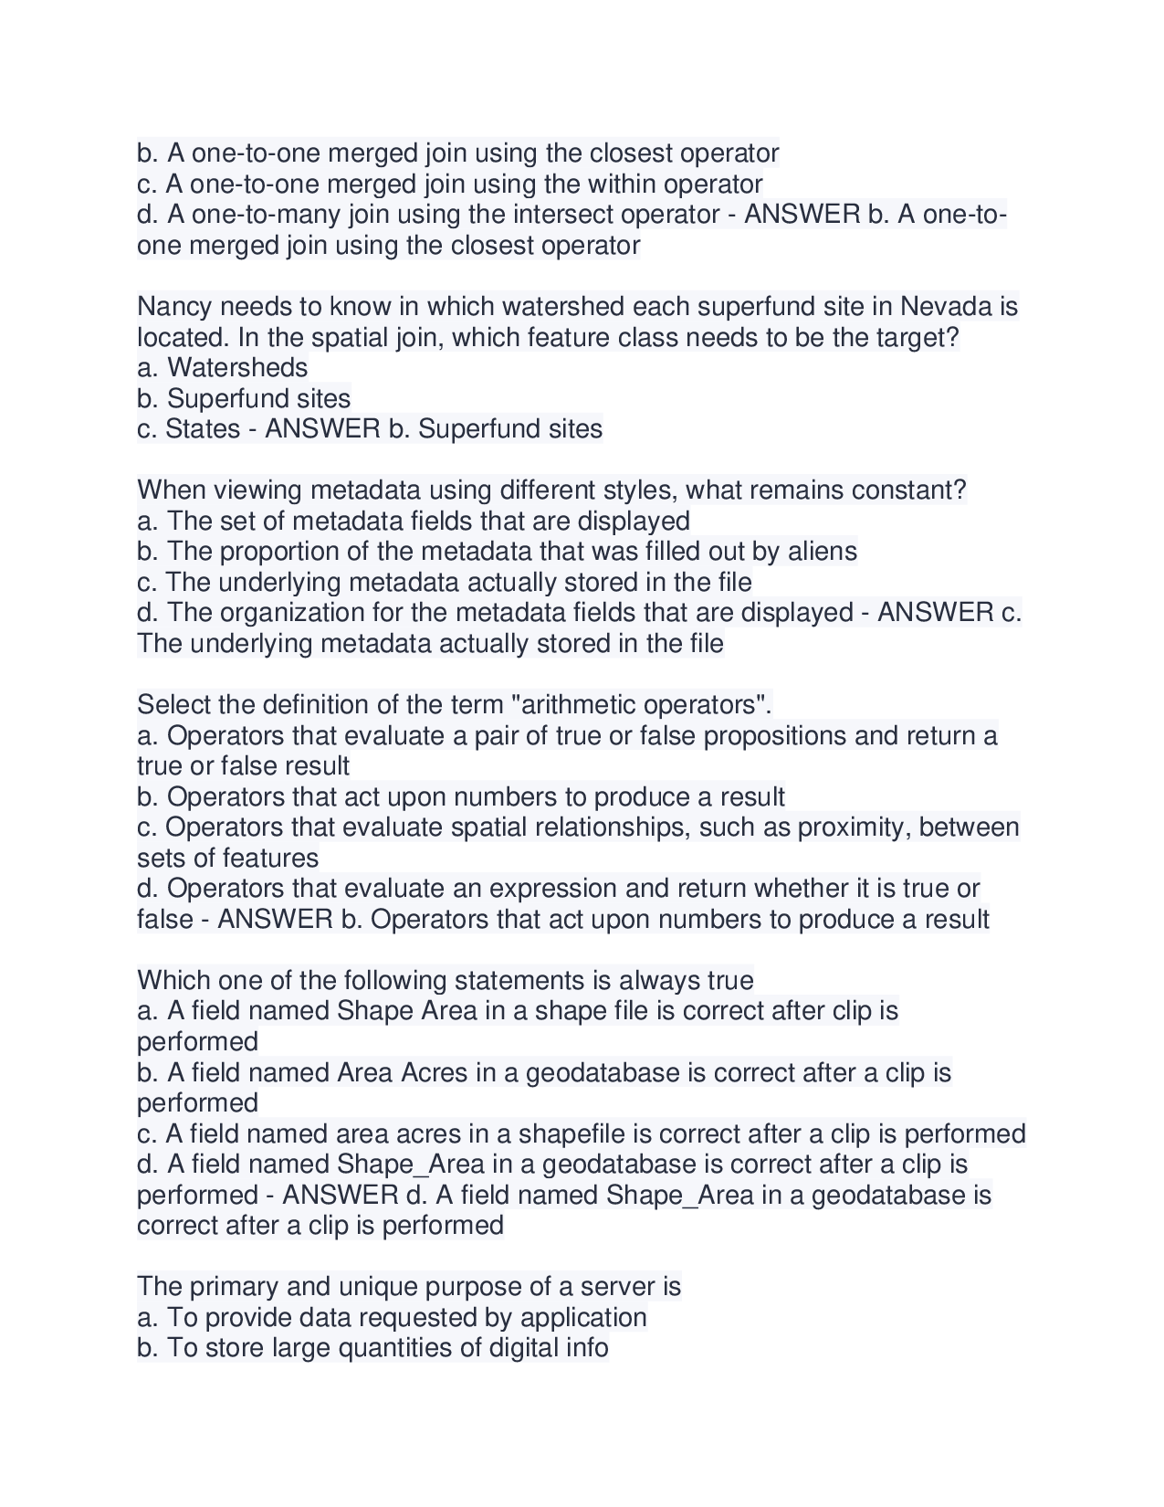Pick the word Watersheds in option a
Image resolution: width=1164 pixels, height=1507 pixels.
(237, 368)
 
